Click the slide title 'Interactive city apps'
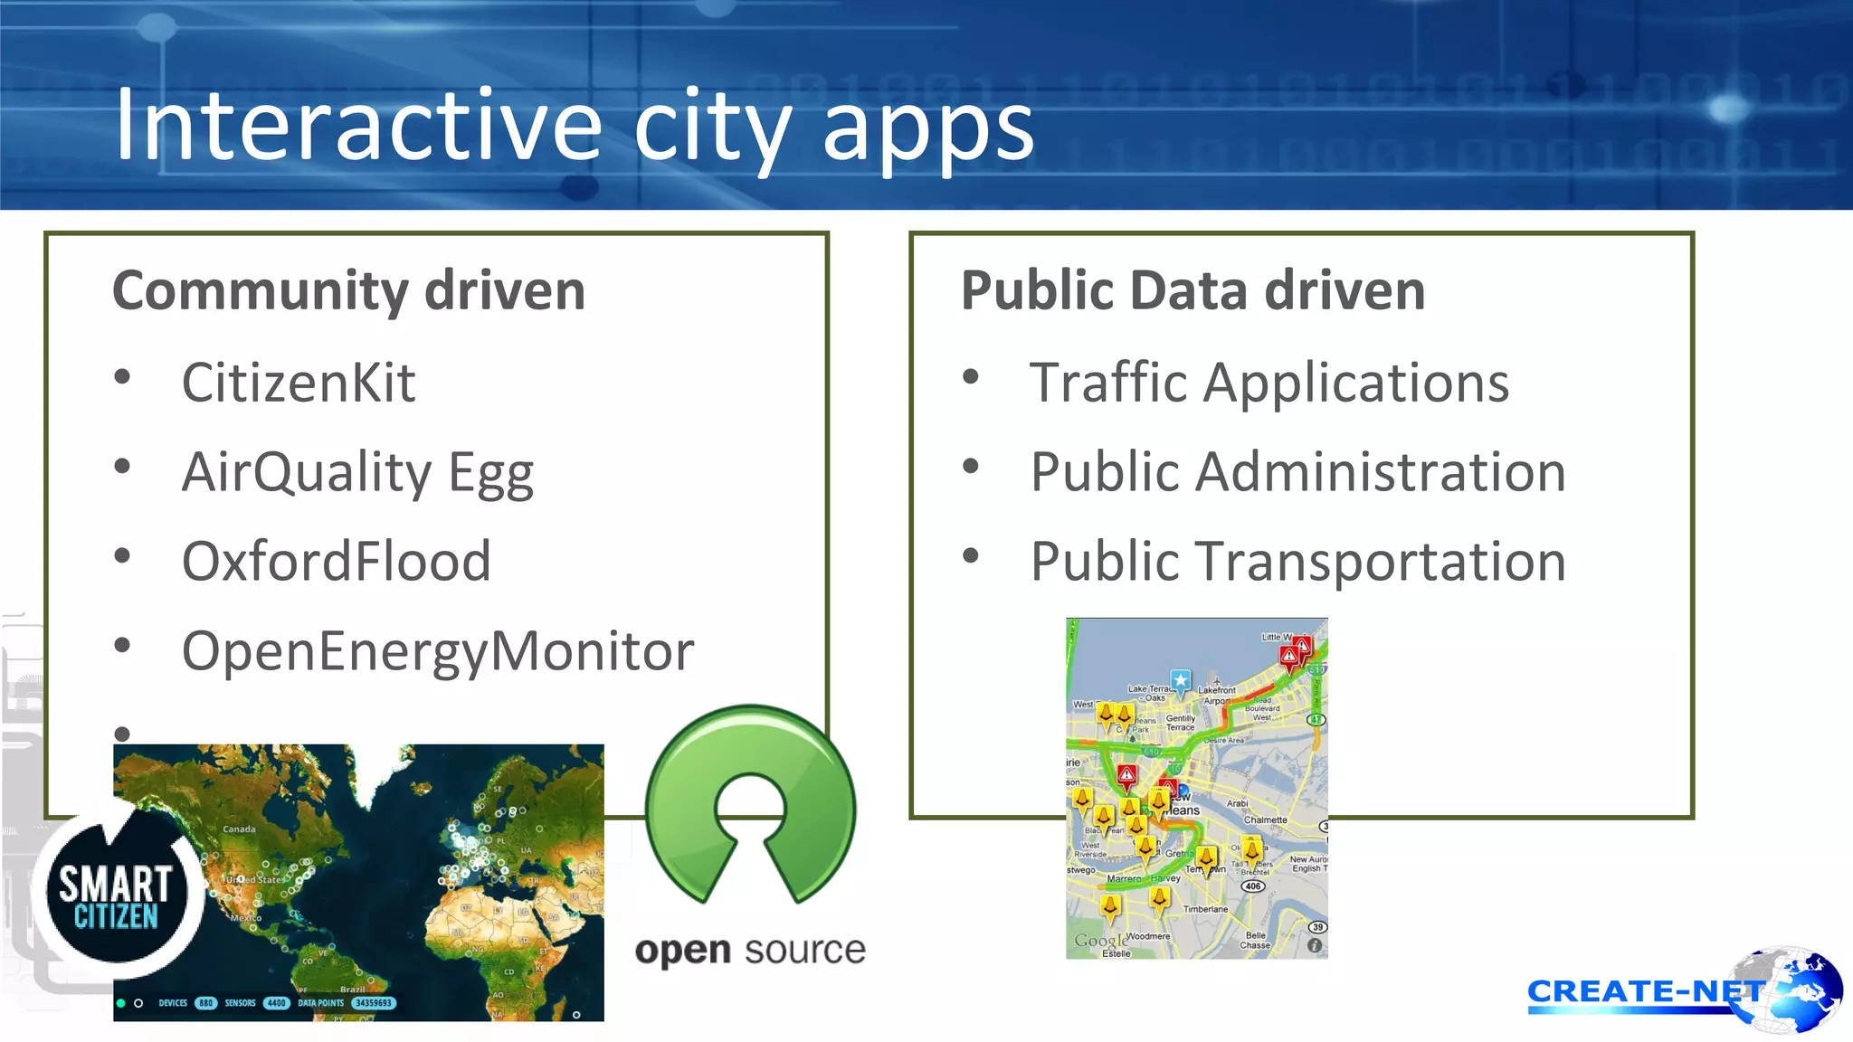574,127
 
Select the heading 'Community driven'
348,290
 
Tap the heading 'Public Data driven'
1193,290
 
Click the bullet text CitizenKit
299,383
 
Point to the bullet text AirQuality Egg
357,472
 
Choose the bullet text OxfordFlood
336,561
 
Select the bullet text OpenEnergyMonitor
438,650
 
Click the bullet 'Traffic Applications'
1269,383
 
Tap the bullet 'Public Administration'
1298,472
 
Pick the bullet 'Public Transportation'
1298,561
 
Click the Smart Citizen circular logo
115,895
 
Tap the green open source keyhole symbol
750,805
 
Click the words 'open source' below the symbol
750,950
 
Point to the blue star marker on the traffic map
1180,680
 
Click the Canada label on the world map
239,829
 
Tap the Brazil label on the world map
352,990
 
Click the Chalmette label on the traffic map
1265,819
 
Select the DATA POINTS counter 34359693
373,1002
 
